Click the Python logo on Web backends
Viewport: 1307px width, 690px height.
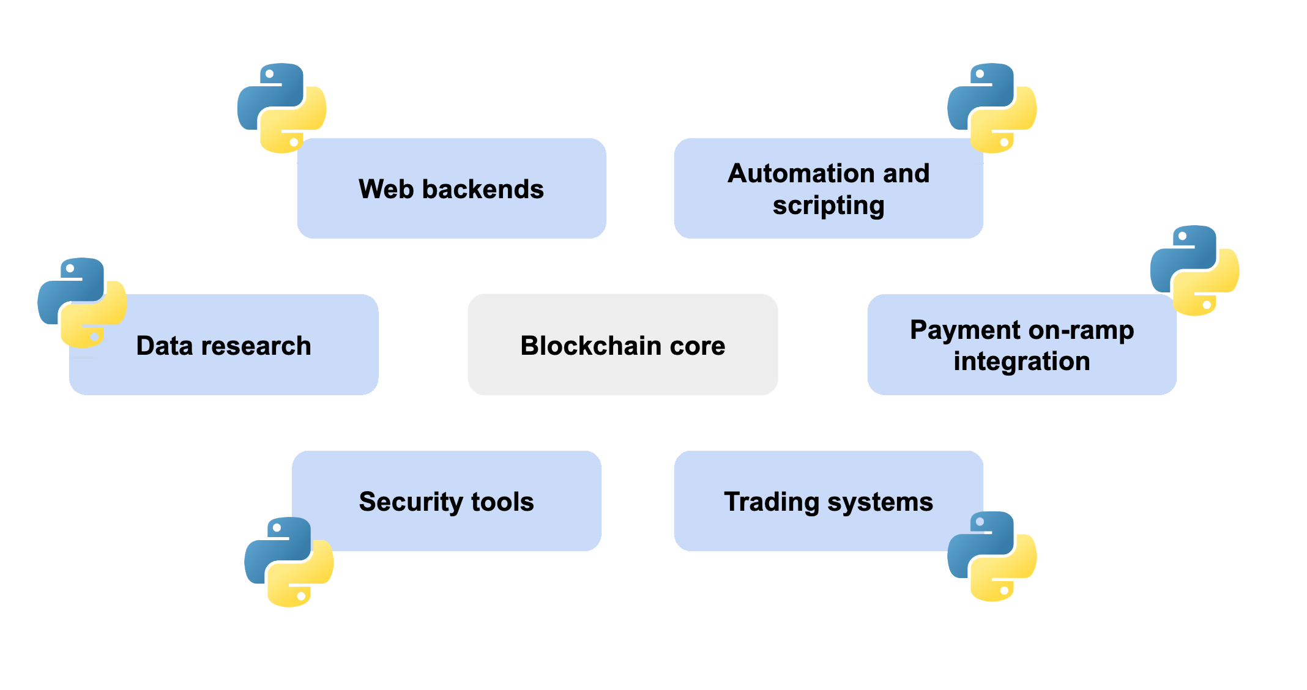pos(282,108)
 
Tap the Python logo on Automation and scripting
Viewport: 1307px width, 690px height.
pos(992,108)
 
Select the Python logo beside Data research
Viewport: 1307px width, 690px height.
pos(82,303)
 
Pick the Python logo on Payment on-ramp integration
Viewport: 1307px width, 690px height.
pos(1194,270)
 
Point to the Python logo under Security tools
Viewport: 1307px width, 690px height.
pos(289,562)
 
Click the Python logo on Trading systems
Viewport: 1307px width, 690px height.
pos(992,557)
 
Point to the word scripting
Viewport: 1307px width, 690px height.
pos(829,206)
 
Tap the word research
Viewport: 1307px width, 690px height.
pos(256,346)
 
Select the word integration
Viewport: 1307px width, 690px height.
pos(1022,361)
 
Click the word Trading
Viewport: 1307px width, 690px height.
pos(771,502)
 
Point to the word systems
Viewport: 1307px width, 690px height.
pos(880,502)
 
